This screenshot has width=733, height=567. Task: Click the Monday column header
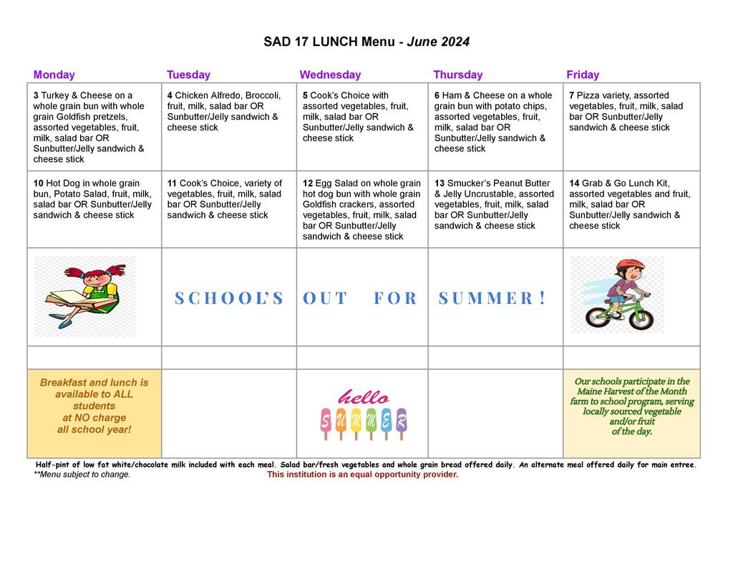tap(54, 75)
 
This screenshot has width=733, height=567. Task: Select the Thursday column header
tap(457, 75)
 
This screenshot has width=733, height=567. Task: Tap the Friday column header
tap(583, 75)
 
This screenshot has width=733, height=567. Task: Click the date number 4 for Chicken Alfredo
tap(170, 95)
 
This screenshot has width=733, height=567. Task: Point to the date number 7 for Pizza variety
tap(572, 95)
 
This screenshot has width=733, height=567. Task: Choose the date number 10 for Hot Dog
tap(38, 184)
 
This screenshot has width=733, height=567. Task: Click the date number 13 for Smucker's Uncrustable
tap(440, 184)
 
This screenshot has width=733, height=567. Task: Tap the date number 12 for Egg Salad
tap(308, 184)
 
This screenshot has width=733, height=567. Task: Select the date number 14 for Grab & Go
tap(574, 184)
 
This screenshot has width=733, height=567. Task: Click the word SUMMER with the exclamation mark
tap(492, 298)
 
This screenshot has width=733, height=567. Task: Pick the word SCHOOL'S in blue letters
tap(229, 298)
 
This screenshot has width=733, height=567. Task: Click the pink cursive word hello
tap(363, 397)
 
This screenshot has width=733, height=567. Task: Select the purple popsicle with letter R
tap(402, 421)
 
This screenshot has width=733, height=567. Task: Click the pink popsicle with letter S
tap(326, 421)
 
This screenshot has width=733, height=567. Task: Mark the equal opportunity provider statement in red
tap(362, 475)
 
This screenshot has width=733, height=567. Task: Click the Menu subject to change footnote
tap(82, 475)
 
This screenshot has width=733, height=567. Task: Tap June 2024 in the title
tap(438, 42)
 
